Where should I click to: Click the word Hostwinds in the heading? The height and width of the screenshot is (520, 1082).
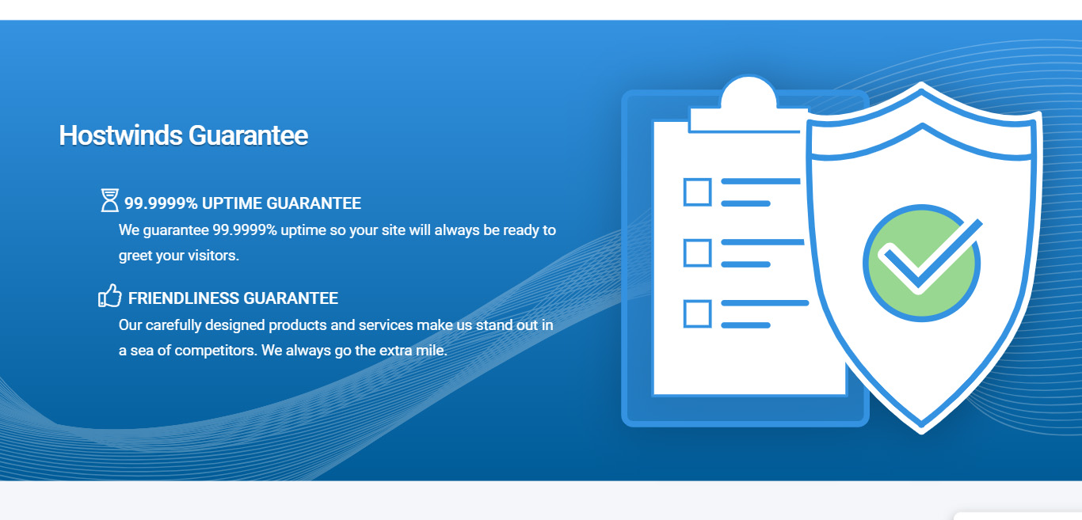pyautogui.click(x=120, y=135)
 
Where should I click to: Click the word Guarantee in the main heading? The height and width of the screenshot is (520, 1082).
pyautogui.click(x=247, y=135)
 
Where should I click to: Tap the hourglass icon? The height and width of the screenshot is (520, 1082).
pyautogui.click(x=109, y=200)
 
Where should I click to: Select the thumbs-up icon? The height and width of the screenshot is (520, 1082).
pyautogui.click(x=109, y=296)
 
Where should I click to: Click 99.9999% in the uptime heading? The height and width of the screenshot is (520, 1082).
pyautogui.click(x=161, y=203)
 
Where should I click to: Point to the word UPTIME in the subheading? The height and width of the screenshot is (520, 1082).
pyautogui.click(x=231, y=203)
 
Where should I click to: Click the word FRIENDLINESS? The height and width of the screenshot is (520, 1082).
pyautogui.click(x=183, y=298)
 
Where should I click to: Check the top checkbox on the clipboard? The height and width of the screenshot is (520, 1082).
pyautogui.click(x=697, y=192)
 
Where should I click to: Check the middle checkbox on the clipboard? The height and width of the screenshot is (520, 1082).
pyautogui.click(x=697, y=252)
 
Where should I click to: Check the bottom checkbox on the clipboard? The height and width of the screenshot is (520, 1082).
pyautogui.click(x=697, y=313)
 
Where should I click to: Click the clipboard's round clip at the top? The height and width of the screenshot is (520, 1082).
pyautogui.click(x=748, y=93)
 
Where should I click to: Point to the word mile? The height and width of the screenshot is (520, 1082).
pyautogui.click(x=431, y=350)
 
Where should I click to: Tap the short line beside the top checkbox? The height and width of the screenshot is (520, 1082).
pyautogui.click(x=745, y=204)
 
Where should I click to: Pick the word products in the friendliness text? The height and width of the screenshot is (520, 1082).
pyautogui.click(x=297, y=325)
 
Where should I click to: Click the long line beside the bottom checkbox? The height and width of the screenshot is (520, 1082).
pyautogui.click(x=764, y=303)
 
